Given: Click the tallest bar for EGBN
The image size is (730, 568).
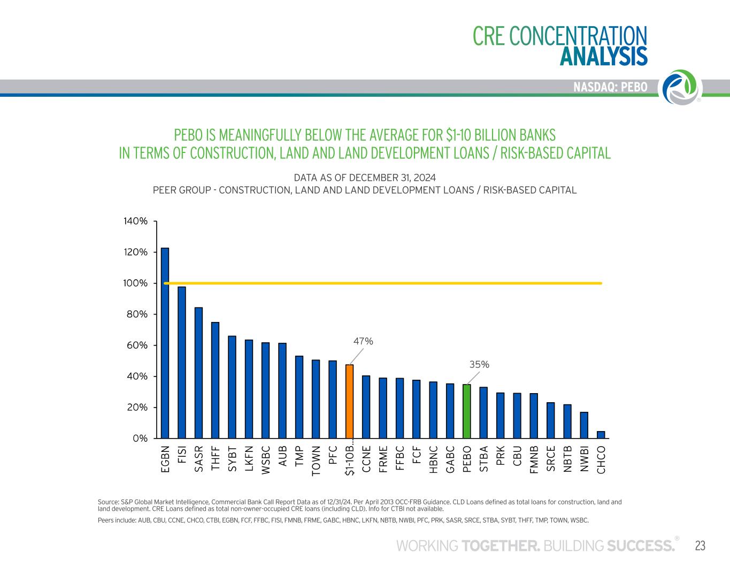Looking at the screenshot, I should pos(165,343).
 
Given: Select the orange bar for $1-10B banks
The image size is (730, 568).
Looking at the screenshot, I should pos(349,401).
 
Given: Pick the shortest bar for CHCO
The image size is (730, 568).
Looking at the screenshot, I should pos(601,434).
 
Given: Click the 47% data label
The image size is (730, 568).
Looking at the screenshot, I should pos(363,341).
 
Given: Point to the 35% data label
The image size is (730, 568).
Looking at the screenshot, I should pos(479,364).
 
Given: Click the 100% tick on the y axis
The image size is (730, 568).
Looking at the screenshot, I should pos(135,283).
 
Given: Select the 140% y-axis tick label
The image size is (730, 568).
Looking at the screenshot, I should pos(135,221).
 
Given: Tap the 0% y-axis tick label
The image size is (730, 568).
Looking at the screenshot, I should pos(140,438).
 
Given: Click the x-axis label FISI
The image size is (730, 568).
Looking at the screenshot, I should pos(182,454).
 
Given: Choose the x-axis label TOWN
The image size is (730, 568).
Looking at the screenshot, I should pos(316,460).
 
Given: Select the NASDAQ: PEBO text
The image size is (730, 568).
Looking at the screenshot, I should pos(610,87).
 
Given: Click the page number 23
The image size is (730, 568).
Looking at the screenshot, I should pos(700,546).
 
